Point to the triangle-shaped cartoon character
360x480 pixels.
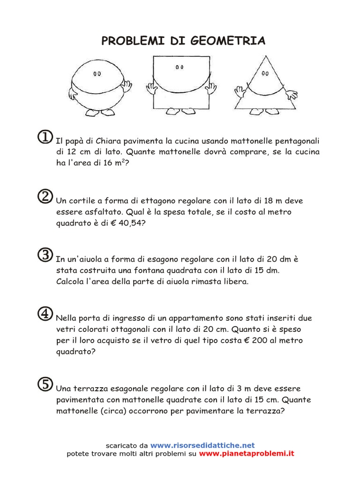pyautogui.click(x=265, y=87)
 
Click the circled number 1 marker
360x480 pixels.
pyautogui.click(x=45, y=137)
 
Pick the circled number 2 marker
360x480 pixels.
pyautogui.click(x=45, y=196)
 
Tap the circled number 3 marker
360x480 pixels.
pyautogui.click(x=45, y=255)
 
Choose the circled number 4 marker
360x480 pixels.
pyautogui.click(x=45, y=314)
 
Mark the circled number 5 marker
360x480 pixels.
pyautogui.click(x=45, y=384)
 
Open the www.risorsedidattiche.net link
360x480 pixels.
pyautogui.click(x=202, y=445)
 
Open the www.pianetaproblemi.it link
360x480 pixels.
pyautogui.click(x=247, y=453)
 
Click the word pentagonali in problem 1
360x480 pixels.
pyautogui.click(x=292, y=141)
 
